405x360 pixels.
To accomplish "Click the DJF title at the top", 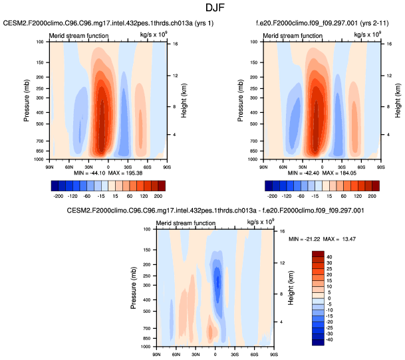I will [202, 8].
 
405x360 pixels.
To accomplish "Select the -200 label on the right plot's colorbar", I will [271, 197].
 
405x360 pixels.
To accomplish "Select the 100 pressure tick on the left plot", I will [39, 41].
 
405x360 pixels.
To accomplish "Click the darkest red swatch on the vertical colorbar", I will [318, 254].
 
